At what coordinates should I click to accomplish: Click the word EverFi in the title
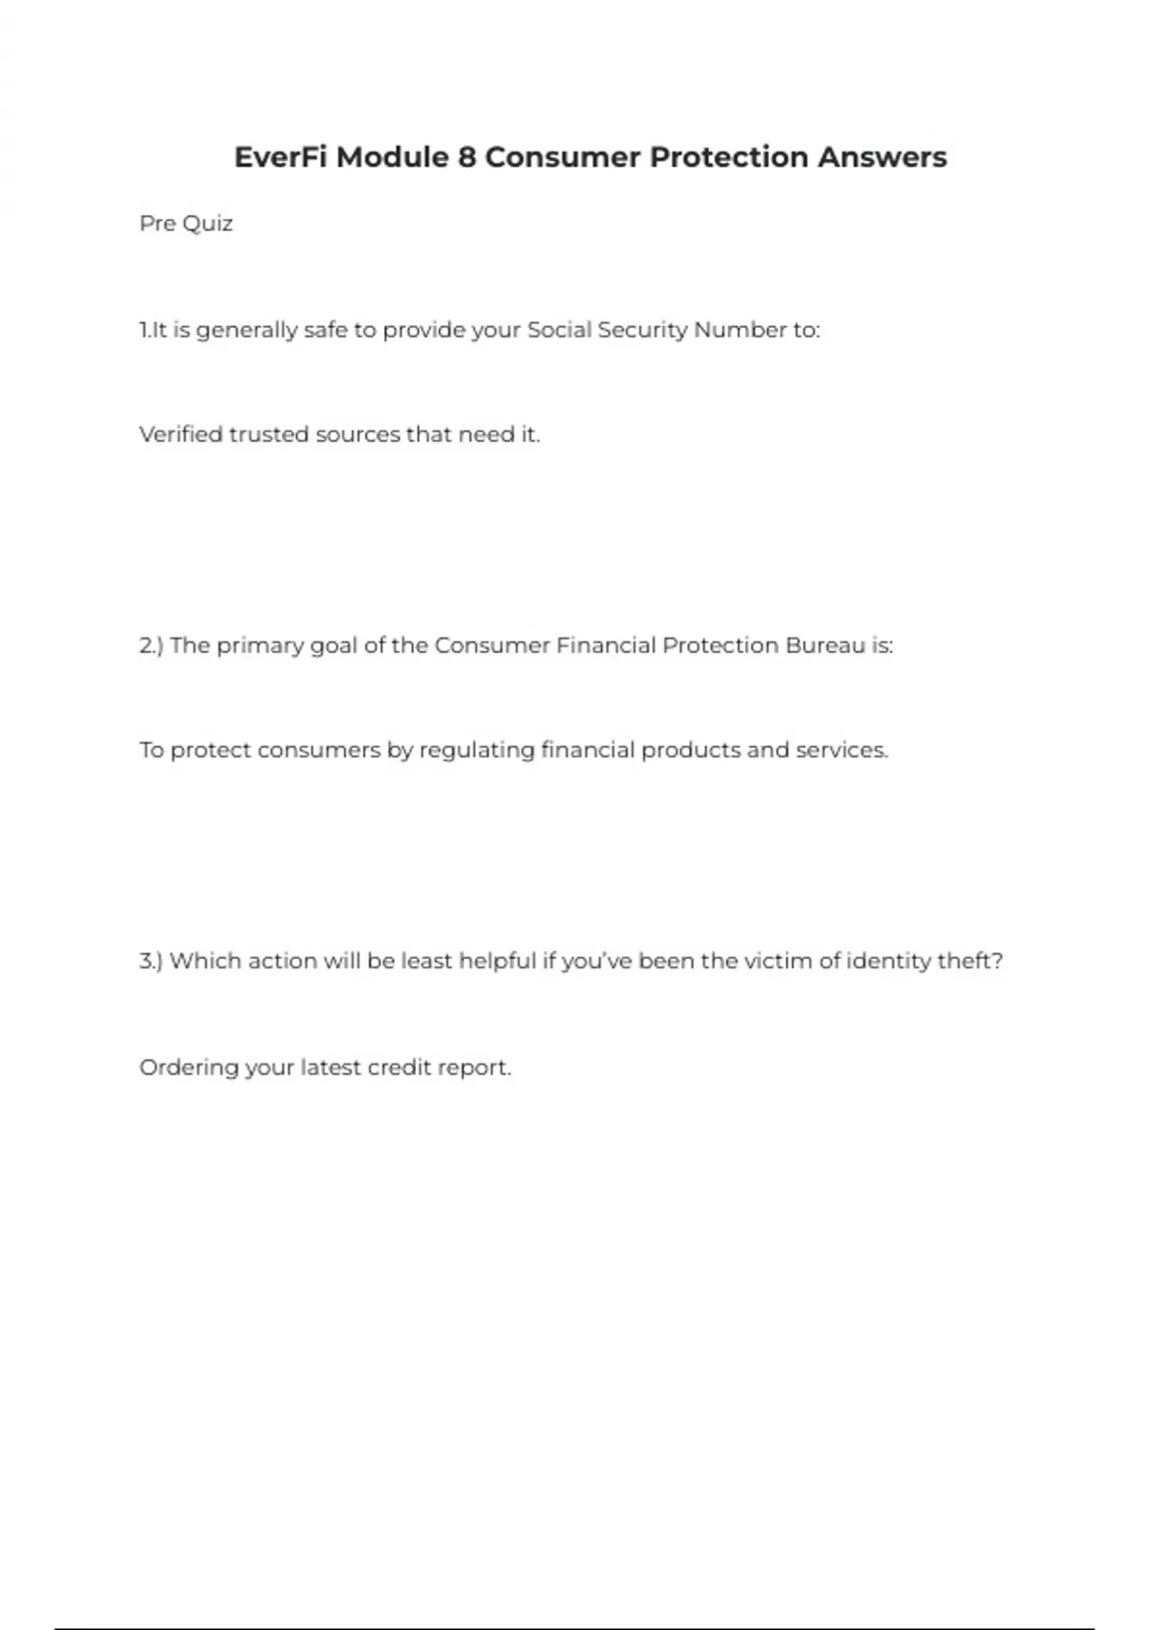281,157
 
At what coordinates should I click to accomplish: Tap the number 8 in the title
466,157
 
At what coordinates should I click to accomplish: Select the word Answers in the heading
882,157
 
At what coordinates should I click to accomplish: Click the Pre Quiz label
186,223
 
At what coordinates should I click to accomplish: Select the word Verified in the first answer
180,434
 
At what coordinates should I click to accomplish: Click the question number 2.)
151,645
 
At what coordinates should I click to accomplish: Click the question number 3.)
151,961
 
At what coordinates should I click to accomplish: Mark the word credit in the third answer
399,1067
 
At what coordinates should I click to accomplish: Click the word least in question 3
426,961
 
